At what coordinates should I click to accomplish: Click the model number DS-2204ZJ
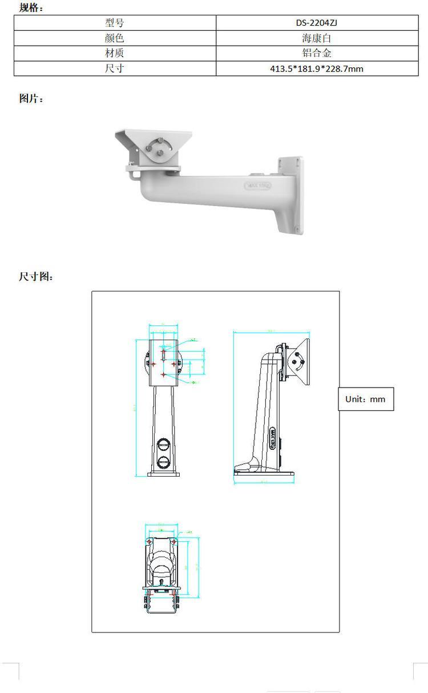317,23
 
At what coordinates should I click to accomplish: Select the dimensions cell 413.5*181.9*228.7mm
317,69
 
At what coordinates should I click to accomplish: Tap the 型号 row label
115,23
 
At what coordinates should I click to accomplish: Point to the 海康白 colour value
317,39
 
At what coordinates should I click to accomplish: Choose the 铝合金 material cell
317,54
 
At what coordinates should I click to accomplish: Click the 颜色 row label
115,39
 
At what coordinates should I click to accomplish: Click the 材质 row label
115,54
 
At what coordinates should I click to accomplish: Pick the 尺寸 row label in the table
115,69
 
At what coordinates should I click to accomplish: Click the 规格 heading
31,7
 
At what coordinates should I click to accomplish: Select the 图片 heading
31,98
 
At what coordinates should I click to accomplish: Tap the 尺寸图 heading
36,277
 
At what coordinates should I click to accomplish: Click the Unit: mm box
365,399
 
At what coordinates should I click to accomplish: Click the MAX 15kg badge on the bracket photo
258,186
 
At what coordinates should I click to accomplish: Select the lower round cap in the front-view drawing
164,461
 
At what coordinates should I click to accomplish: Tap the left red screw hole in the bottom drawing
150,541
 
